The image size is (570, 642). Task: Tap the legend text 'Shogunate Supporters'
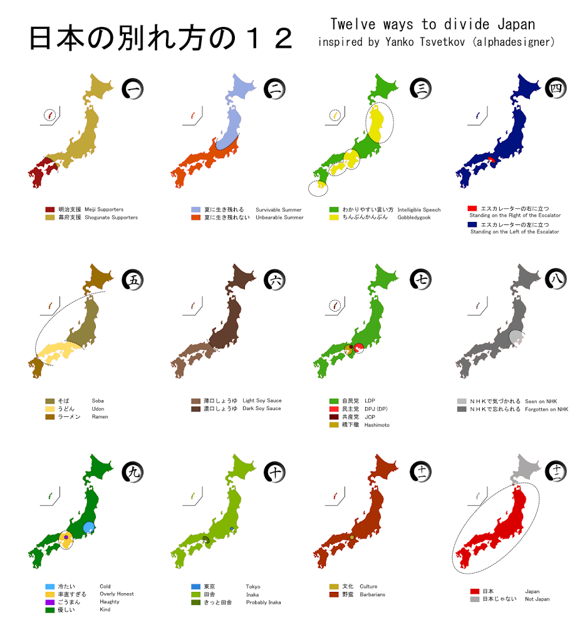pyautogui.click(x=111, y=218)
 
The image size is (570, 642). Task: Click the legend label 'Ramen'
pyautogui.click(x=100, y=417)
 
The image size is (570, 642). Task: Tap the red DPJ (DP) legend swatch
pyautogui.click(x=334, y=409)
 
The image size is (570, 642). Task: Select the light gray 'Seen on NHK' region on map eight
pyautogui.click(x=517, y=339)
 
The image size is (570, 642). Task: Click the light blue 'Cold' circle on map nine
pyautogui.click(x=88, y=527)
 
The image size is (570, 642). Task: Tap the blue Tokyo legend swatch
pyautogui.click(x=196, y=587)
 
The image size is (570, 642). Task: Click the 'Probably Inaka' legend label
pyautogui.click(x=263, y=603)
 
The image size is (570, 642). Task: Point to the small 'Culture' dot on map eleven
pyautogui.click(x=352, y=538)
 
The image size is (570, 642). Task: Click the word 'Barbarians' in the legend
pyautogui.click(x=373, y=595)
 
